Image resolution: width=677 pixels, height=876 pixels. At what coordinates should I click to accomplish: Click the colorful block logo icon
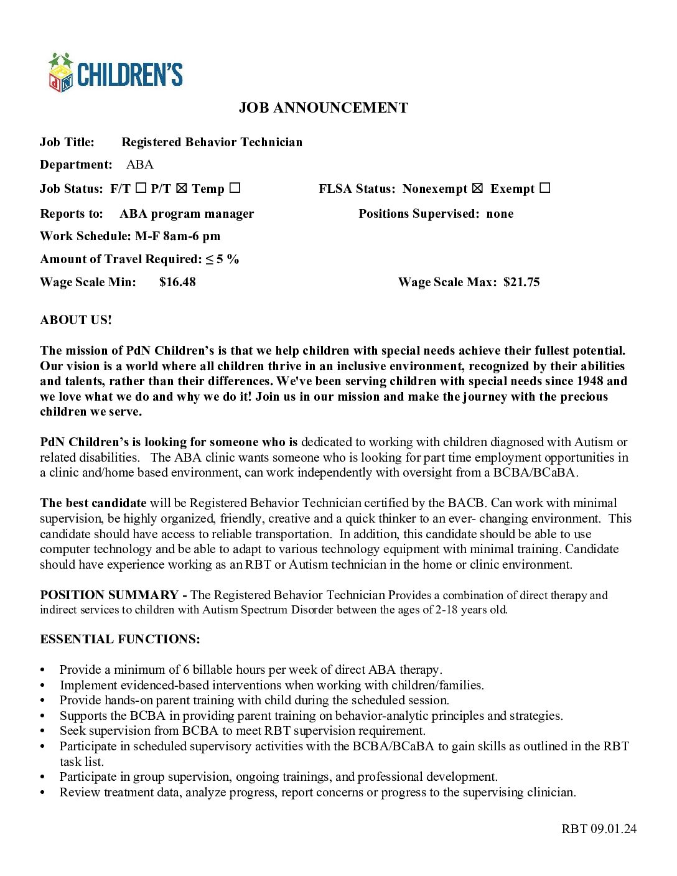coord(61,73)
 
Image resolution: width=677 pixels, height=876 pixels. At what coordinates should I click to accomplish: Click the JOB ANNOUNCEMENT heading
coord(323,108)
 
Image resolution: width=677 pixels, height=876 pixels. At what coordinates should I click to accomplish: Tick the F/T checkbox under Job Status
coord(141,188)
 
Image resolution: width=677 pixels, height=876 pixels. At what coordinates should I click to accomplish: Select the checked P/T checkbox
coord(181,188)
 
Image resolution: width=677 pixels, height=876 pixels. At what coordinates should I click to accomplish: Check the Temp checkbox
coord(235,188)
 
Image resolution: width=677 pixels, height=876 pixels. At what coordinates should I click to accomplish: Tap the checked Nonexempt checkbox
coord(477,188)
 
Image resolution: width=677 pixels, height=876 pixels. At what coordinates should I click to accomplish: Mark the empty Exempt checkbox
coord(544,188)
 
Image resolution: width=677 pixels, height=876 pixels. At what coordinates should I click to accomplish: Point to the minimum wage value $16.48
coord(177,282)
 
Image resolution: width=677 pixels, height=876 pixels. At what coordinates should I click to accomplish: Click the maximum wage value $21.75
coord(521,282)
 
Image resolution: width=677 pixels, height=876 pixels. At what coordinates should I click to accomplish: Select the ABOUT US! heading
coord(76,320)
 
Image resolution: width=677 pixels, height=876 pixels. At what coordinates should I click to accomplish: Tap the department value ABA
coord(139,164)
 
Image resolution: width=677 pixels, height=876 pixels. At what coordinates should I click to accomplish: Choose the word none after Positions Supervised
coord(500,213)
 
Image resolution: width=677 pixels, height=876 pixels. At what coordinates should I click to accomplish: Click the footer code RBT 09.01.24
coord(599,828)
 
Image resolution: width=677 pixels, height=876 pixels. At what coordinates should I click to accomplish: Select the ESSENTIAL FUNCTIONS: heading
coord(120,639)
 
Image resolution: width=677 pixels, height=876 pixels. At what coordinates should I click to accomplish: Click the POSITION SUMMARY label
coord(109,595)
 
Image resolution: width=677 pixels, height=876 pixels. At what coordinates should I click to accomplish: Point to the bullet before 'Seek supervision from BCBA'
coord(43,731)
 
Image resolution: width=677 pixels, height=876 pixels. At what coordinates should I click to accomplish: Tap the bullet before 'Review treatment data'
coord(43,793)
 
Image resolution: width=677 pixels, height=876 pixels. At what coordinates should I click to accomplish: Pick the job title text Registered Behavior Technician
coord(212,142)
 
